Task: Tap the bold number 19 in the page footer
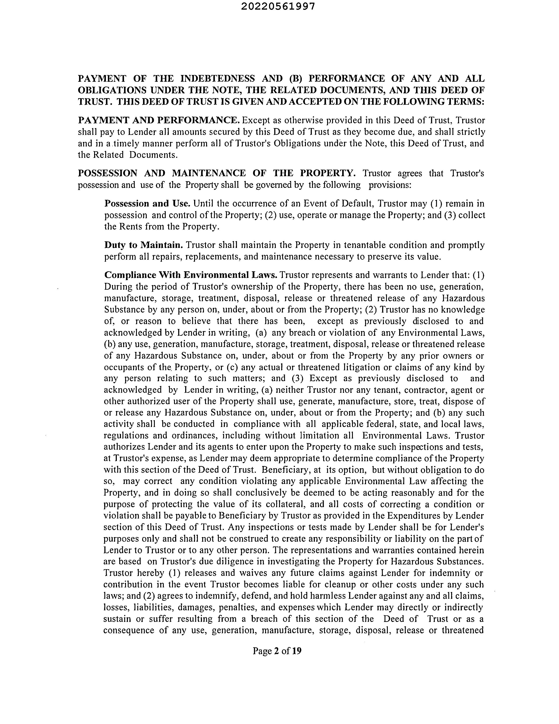pyautogui.click(x=297, y=651)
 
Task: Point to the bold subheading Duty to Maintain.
pyautogui.click(x=143, y=245)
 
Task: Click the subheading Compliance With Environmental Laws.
pyautogui.click(x=191, y=275)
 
